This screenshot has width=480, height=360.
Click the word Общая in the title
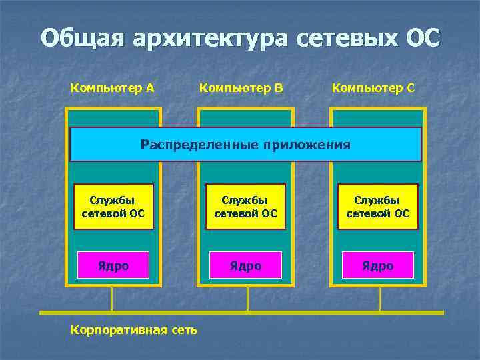point(81,37)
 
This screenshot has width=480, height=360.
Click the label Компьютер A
point(113,87)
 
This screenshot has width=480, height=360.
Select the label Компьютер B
point(242,87)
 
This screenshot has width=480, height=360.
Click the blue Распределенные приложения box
point(245,145)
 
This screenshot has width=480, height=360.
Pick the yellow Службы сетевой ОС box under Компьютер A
point(113,207)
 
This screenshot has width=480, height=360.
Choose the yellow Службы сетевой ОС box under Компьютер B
point(245,207)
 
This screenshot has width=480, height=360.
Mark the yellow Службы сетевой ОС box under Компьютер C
point(377,207)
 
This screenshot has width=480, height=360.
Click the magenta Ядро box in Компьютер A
point(113,265)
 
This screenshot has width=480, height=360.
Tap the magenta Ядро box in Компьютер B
point(245,265)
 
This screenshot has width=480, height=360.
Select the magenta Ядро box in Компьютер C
point(377,265)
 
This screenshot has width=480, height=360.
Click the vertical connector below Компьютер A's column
point(112,299)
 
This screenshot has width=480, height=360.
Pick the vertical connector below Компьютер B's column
point(247,299)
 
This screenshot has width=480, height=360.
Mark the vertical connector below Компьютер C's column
point(379,299)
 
